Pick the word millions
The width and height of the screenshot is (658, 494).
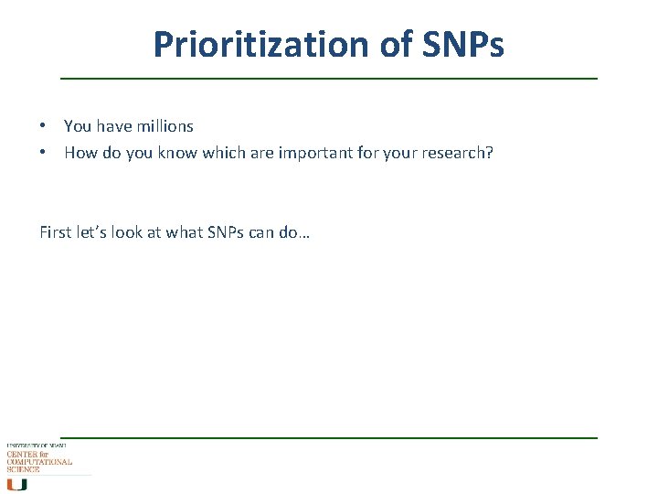click(x=163, y=126)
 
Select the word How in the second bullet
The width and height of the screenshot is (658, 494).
click(x=80, y=153)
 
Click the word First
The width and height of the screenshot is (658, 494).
click(x=56, y=232)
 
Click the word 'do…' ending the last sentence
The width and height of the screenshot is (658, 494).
click(x=295, y=232)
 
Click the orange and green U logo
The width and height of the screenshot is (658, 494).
click(x=16, y=484)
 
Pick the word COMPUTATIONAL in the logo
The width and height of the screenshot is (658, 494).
click(x=38, y=462)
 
